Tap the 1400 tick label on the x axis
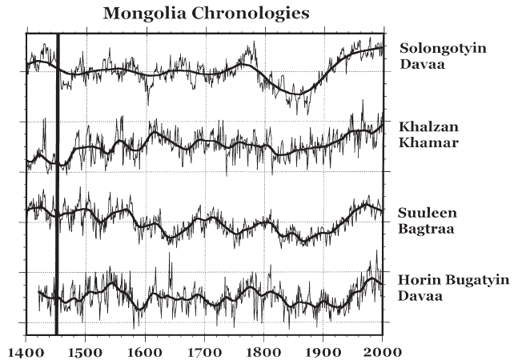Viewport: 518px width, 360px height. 26,350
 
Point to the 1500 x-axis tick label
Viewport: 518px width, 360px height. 85,350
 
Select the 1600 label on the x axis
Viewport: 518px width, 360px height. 144,350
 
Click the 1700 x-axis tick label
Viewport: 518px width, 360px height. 203,350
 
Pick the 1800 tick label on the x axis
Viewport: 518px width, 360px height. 263,350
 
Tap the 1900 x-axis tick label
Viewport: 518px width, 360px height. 323,350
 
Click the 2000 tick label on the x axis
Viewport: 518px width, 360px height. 382,350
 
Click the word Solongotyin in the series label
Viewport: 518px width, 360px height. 442,49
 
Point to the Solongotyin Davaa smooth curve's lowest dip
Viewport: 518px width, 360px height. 298,93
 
